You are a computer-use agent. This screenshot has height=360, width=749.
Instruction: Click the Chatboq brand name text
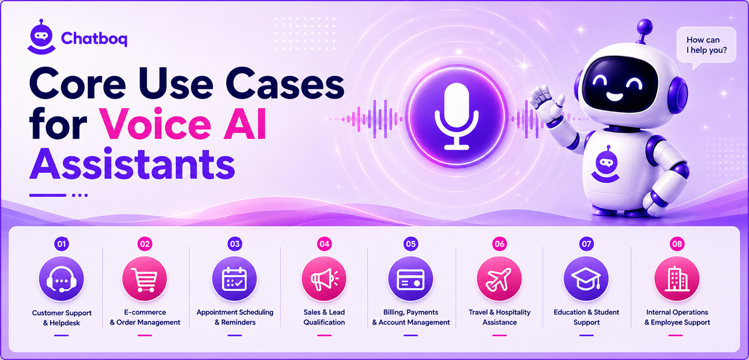click(94, 38)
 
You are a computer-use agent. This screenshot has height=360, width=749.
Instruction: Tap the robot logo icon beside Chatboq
click(41, 37)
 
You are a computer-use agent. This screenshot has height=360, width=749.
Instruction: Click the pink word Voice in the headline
click(156, 124)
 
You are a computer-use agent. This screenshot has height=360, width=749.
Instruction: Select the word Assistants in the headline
click(132, 164)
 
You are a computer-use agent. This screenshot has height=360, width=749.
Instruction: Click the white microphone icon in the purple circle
click(457, 116)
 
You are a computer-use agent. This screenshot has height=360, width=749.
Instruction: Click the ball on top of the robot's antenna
click(645, 26)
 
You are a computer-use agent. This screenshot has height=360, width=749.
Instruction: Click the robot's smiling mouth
click(615, 97)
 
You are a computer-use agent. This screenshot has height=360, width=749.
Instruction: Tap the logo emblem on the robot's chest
click(605, 164)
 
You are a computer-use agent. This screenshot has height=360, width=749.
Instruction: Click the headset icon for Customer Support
click(62, 279)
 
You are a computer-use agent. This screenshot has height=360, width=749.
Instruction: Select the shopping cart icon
click(145, 279)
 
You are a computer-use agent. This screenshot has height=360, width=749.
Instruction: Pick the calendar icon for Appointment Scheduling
click(235, 279)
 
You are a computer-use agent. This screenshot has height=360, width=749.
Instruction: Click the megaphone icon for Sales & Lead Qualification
click(324, 279)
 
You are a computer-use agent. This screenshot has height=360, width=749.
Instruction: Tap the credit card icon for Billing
click(411, 279)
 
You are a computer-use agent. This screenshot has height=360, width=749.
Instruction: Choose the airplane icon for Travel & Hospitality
click(499, 279)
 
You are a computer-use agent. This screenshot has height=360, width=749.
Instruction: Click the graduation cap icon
click(586, 279)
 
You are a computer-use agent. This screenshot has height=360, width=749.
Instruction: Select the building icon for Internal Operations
click(677, 279)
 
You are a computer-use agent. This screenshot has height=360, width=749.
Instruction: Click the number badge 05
click(411, 244)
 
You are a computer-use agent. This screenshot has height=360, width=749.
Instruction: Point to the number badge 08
click(677, 244)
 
